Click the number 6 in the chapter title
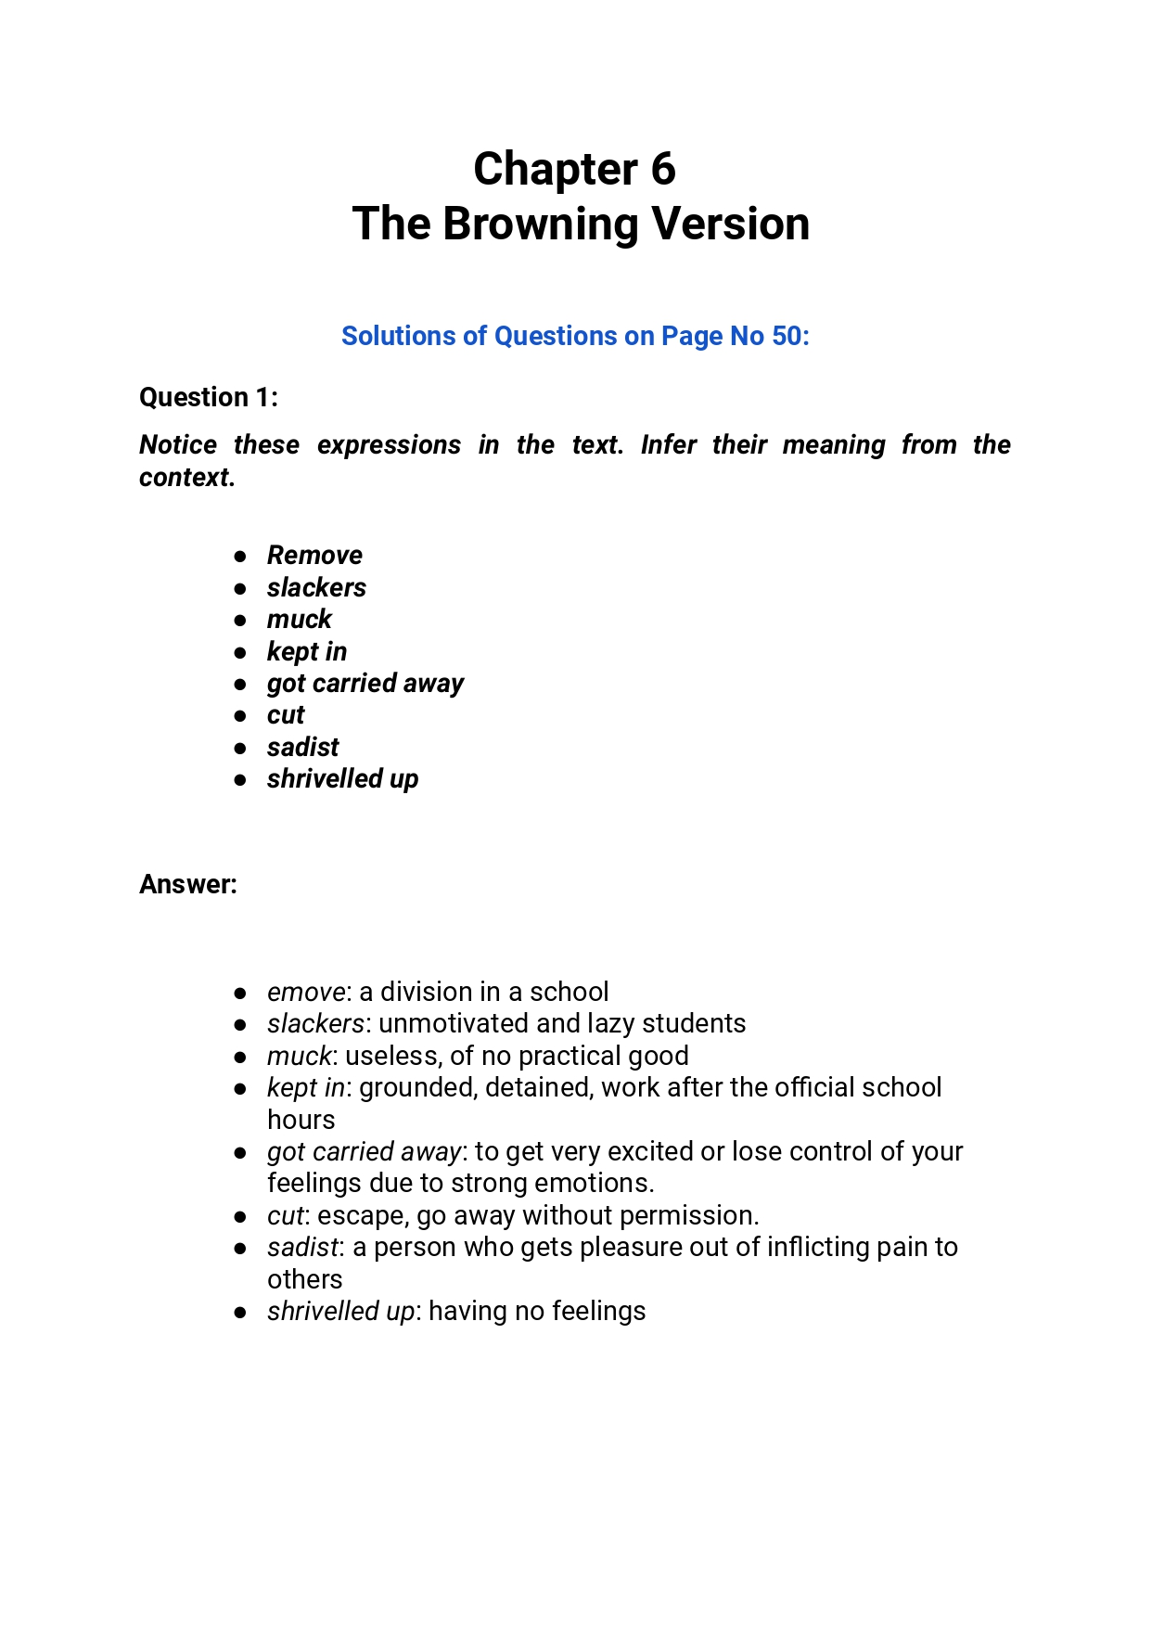[x=662, y=170]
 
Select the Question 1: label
[x=208, y=397]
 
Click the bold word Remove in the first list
[x=314, y=555]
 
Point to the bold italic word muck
[x=299, y=619]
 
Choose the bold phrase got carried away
[x=365, y=684]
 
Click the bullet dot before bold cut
[x=240, y=716]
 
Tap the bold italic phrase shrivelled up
[x=342, y=779]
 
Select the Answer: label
[x=188, y=884]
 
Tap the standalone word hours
[x=301, y=1120]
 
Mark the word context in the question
[x=184, y=477]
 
